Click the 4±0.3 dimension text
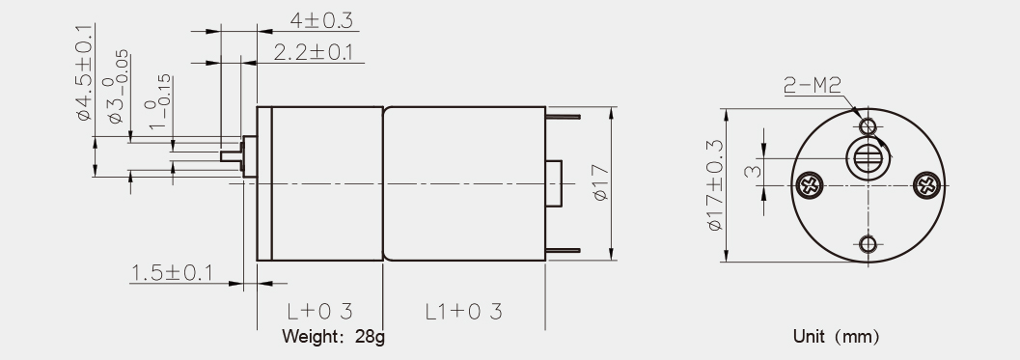320,21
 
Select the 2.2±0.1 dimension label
314,52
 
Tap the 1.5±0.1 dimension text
172,273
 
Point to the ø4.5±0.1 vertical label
85,73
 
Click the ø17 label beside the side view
602,183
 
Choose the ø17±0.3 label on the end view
714,185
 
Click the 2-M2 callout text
813,85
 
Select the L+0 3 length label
319,311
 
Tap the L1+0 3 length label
464,311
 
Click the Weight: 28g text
333,337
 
